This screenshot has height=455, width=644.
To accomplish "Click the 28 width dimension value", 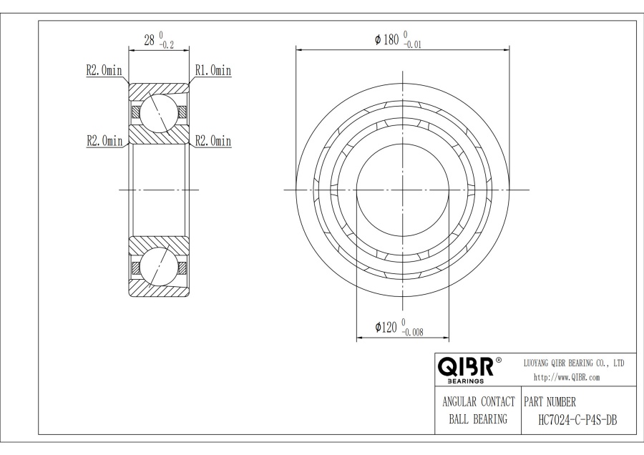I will (150, 40).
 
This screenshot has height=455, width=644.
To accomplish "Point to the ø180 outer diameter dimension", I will (386, 40).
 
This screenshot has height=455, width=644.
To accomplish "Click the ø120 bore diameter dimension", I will (387, 327).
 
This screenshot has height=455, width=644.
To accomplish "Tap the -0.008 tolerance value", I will (414, 332).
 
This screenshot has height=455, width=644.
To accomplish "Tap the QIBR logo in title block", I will (466, 368).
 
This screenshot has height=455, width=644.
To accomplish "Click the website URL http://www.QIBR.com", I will (567, 377).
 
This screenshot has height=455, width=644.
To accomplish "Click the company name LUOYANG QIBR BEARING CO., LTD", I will (574, 363).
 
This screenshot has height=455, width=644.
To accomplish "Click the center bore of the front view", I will (403, 189).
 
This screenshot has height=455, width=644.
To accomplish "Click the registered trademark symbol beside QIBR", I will (499, 359).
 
